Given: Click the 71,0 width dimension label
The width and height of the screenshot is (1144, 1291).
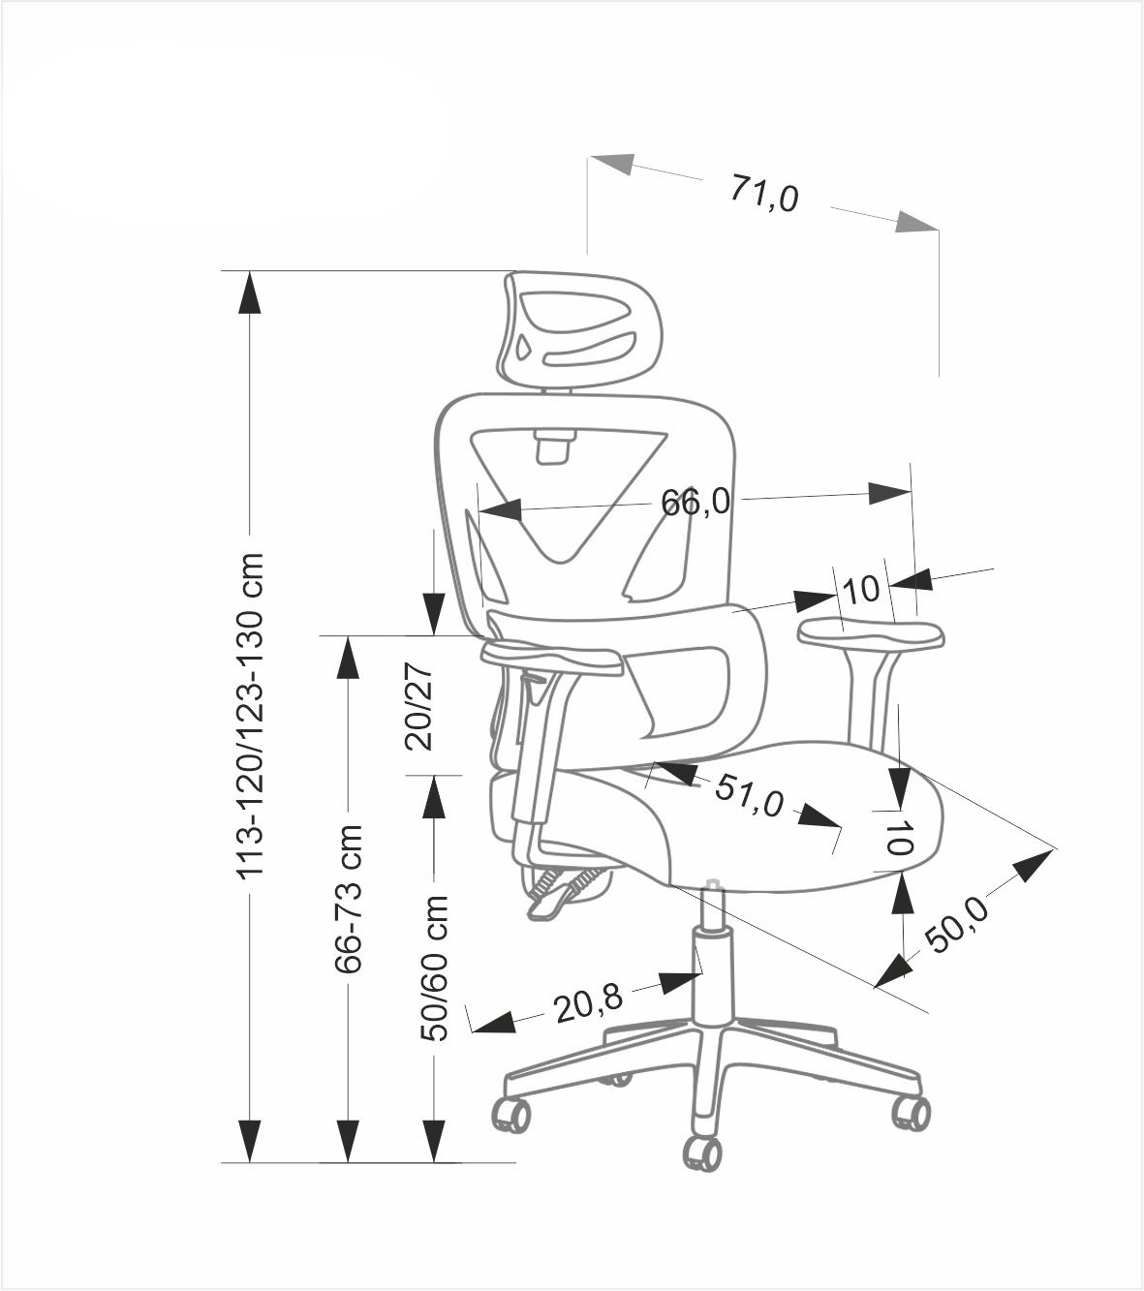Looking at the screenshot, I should [764, 194].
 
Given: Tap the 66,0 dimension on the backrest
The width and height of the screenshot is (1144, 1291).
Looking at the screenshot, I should [695, 502].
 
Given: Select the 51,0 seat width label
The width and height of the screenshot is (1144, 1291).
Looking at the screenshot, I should [748, 796].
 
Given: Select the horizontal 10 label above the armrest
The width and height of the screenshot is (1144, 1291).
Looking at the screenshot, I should [860, 589].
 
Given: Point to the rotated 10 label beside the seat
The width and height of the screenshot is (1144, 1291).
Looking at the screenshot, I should [900, 837].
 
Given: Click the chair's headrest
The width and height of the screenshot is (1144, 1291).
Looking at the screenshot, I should [579, 329].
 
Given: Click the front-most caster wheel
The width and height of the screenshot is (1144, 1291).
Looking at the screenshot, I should [702, 1153].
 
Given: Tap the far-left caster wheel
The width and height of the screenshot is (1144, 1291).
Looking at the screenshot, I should [511, 1114].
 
